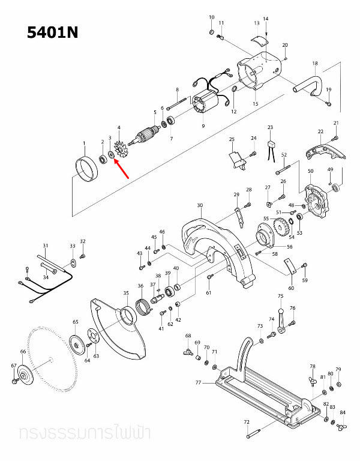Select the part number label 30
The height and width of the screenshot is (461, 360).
[199, 205]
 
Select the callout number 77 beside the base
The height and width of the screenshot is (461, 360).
[198, 381]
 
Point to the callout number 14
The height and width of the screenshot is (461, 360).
[266, 19]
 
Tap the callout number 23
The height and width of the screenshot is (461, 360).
[270, 128]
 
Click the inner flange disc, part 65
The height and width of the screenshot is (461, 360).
[76, 344]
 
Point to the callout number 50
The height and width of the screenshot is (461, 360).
[310, 172]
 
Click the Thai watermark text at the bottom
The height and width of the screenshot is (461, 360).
[84, 432]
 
